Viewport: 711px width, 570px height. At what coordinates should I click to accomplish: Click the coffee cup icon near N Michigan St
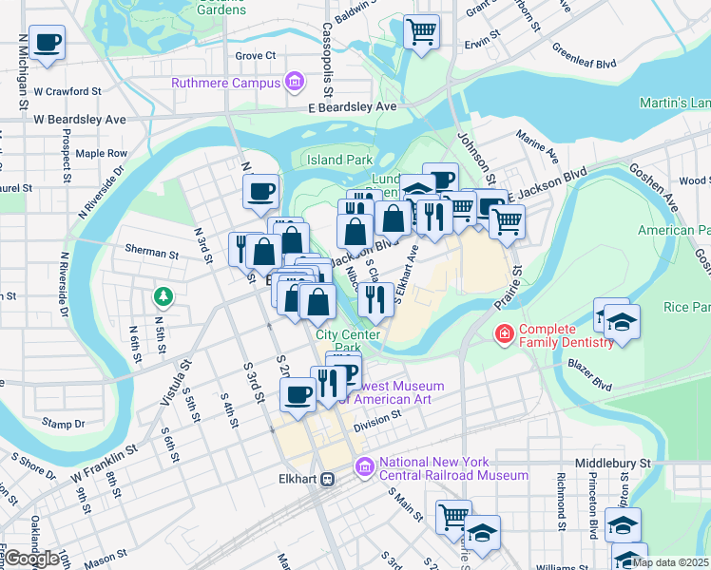[46, 42]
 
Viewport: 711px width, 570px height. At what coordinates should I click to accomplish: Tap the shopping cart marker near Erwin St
[421, 30]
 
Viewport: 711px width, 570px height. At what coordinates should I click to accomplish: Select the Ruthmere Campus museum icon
[295, 83]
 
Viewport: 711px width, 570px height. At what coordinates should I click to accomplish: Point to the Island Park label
[338, 160]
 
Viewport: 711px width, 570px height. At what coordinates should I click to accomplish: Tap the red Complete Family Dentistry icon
[502, 334]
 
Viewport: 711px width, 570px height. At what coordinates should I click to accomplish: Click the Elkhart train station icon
[328, 480]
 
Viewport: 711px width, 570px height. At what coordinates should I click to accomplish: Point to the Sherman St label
[152, 254]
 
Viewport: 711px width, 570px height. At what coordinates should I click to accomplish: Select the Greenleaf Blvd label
[584, 57]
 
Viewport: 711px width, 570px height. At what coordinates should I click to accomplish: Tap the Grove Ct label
[255, 56]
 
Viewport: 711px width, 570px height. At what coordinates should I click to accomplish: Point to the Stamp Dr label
[65, 424]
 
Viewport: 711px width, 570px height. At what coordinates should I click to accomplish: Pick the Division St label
[372, 427]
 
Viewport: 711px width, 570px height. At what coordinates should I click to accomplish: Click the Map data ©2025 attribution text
[669, 561]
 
